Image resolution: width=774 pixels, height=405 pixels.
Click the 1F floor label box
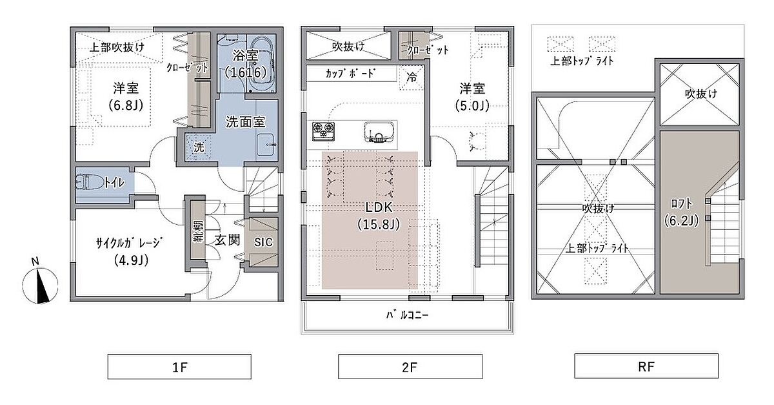(179, 367)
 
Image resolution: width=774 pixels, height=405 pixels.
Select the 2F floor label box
(410, 367)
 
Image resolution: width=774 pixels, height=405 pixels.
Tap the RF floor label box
(646, 366)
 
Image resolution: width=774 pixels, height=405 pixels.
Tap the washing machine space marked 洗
(199, 147)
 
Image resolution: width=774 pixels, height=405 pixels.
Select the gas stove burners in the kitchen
(323, 131)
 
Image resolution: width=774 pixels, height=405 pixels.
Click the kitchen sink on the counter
(379, 132)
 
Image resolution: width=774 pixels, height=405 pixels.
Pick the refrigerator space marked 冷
(412, 78)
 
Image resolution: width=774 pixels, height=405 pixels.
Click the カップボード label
(350, 74)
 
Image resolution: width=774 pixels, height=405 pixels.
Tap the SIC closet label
(263, 242)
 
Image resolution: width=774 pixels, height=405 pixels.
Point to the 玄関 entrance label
(227, 240)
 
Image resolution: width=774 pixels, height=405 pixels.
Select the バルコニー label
(407, 315)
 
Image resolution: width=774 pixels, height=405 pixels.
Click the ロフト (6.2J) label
(681, 212)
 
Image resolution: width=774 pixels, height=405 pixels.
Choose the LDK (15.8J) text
(379, 216)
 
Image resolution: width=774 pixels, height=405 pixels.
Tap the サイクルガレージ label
(129, 243)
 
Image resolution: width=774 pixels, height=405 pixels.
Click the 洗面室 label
(245, 122)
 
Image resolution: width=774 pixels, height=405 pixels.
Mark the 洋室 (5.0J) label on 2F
(472, 98)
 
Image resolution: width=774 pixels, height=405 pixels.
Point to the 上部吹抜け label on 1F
(117, 47)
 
